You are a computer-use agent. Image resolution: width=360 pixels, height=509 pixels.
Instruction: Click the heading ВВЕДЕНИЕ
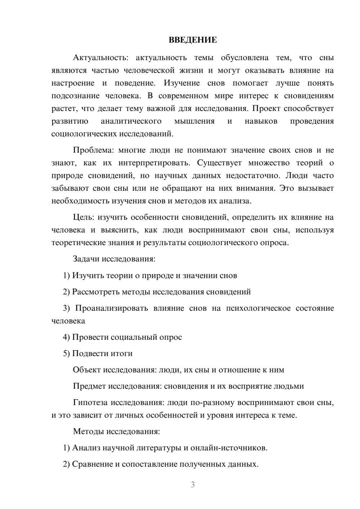point(193,40)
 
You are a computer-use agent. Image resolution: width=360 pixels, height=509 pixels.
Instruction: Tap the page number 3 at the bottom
point(193,485)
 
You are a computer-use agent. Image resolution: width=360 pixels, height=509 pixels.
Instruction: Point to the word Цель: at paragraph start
point(84,217)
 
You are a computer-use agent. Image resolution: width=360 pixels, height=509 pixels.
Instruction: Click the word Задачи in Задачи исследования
point(86,259)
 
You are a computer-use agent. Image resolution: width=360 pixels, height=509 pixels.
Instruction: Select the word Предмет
point(90,386)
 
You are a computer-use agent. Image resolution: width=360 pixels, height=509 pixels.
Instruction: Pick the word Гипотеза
point(90,402)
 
